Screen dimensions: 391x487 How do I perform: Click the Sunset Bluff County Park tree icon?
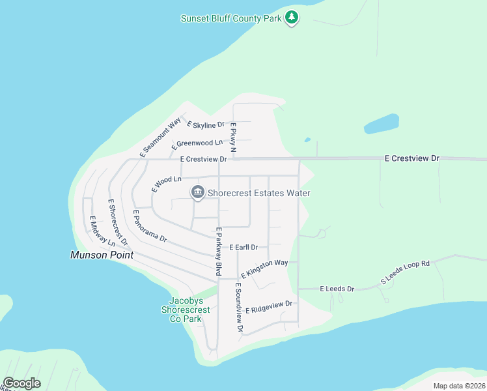click(292, 18)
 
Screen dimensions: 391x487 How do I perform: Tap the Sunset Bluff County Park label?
click(231, 18)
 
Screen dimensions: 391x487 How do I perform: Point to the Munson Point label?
click(102, 255)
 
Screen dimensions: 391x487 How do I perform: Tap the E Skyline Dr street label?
click(206, 124)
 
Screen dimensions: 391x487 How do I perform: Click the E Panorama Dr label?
click(150, 226)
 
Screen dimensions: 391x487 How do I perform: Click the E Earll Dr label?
click(244, 248)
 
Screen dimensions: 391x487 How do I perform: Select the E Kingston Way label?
click(264, 268)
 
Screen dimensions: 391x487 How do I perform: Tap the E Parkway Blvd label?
click(219, 251)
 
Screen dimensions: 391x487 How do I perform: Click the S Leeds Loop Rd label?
click(406, 273)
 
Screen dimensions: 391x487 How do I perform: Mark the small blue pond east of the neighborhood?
click(381, 123)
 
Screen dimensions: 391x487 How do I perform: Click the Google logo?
click(22, 383)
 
